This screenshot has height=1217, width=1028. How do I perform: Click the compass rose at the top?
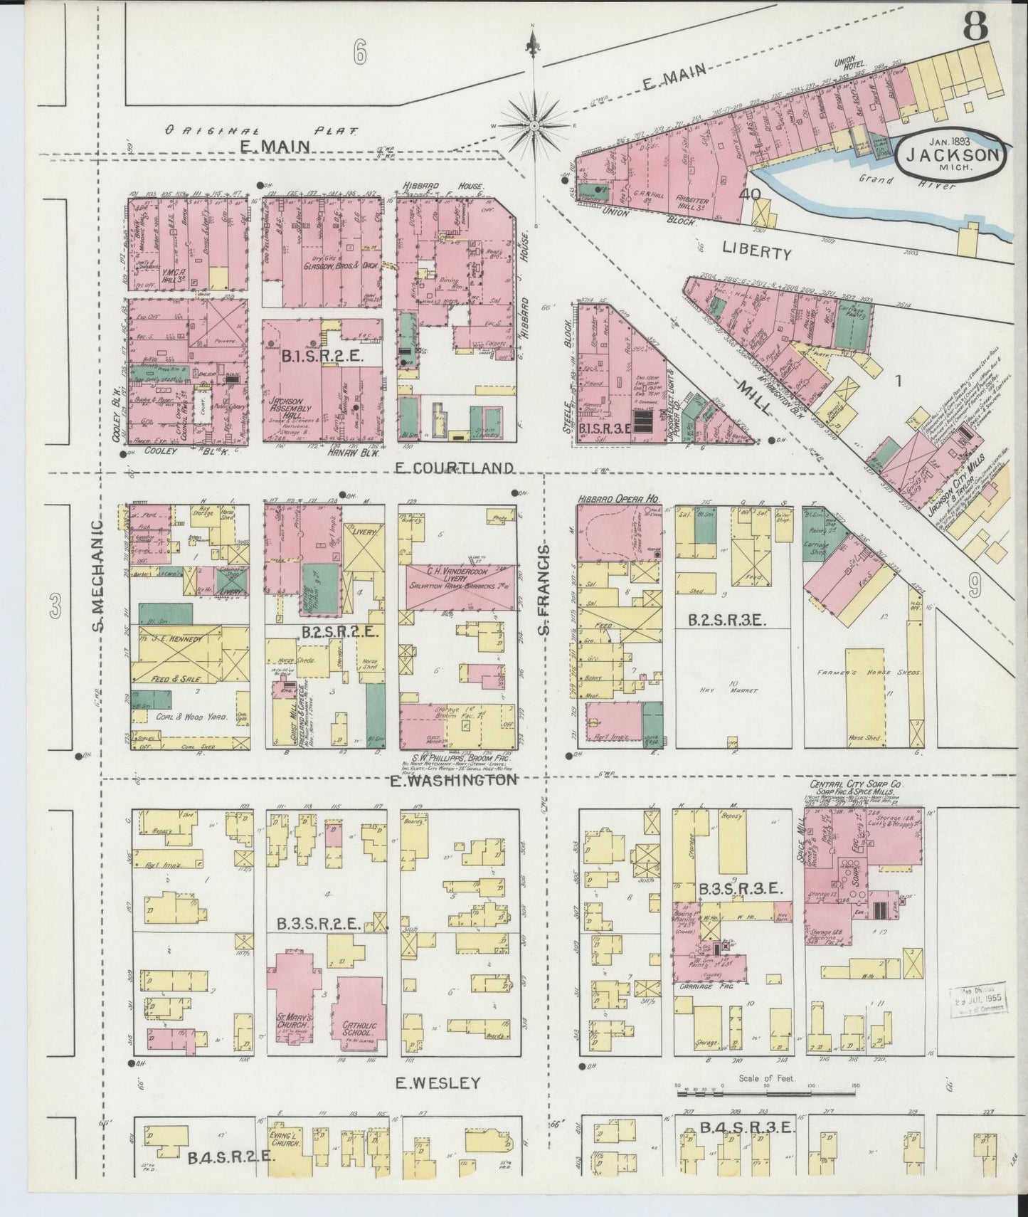(x=533, y=125)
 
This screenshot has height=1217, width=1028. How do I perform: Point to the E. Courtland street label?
(x=452, y=468)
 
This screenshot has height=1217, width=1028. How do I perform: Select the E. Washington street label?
(x=453, y=780)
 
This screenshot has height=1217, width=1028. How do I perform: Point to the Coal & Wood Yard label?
(x=187, y=717)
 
